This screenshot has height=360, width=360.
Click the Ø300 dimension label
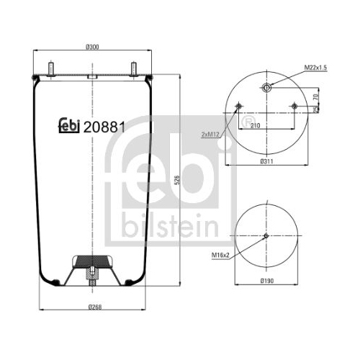click(x=92, y=47)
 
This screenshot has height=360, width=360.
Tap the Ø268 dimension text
click(x=95, y=307)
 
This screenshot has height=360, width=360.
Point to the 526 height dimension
click(x=177, y=180)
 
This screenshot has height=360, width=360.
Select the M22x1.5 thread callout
click(x=315, y=68)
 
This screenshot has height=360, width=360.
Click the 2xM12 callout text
click(x=210, y=135)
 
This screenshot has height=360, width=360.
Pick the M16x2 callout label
click(x=220, y=256)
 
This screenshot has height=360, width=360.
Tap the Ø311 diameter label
click(x=266, y=161)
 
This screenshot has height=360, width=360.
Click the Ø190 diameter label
click(x=267, y=281)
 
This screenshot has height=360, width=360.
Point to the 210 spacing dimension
click(x=255, y=125)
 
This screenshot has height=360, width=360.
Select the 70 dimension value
click(x=316, y=97)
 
